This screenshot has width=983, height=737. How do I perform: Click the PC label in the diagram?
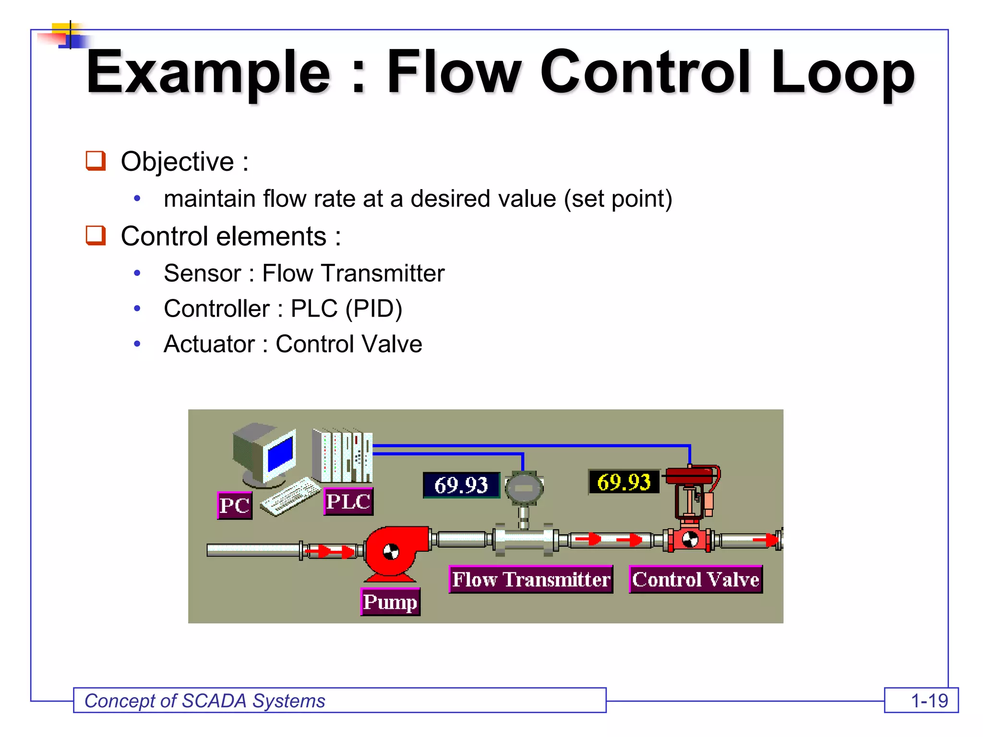(x=234, y=505)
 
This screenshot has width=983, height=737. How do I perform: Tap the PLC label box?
(x=348, y=501)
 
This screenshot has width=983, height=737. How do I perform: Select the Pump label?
(x=390, y=602)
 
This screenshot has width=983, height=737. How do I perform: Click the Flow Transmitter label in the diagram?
(x=531, y=579)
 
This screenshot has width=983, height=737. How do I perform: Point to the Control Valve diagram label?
(x=695, y=579)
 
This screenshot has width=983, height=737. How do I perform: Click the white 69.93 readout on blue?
(x=461, y=485)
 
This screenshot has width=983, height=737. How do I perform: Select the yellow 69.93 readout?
(x=623, y=482)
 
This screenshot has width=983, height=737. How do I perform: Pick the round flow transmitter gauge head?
(x=524, y=488)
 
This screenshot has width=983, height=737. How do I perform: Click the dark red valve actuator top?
(x=689, y=476)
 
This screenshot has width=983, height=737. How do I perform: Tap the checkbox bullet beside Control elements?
(x=96, y=236)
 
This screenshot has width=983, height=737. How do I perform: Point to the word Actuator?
(x=209, y=344)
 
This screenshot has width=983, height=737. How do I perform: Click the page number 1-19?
(x=929, y=701)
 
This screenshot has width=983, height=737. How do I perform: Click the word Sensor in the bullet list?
(x=202, y=273)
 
